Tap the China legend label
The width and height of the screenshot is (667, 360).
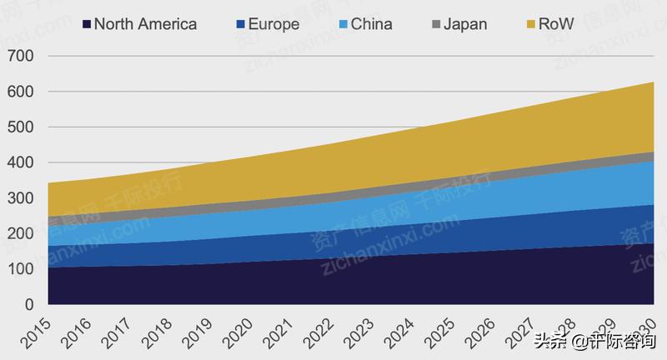click(371, 24)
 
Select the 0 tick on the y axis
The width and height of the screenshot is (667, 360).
click(28, 305)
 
